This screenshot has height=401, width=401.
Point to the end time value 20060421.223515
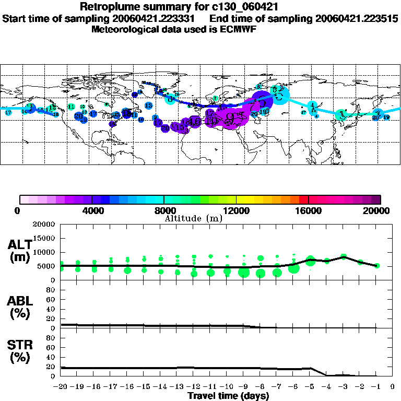(357, 18)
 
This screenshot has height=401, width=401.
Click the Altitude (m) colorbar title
(194, 218)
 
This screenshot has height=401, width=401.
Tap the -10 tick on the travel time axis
(226, 387)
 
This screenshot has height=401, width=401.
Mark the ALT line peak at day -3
(343, 256)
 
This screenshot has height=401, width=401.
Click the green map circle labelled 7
(215, 98)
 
